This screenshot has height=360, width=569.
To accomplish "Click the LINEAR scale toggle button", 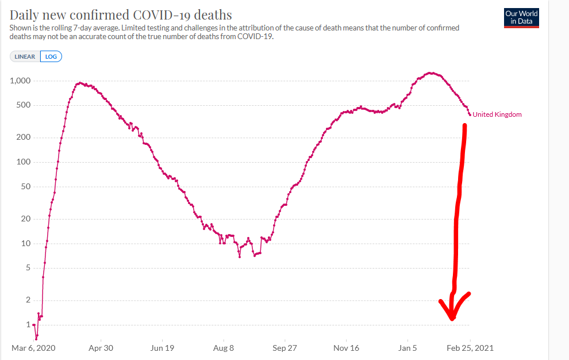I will (x=25, y=56).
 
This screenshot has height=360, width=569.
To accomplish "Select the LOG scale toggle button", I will (x=51, y=56).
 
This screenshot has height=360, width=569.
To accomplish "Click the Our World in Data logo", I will (x=521, y=17).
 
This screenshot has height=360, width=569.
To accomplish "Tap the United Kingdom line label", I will (x=497, y=114).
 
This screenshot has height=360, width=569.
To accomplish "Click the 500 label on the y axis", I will (x=23, y=105).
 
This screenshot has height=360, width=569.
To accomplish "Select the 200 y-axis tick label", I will (x=23, y=137).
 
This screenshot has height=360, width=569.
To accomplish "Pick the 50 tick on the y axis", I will (x=25, y=187).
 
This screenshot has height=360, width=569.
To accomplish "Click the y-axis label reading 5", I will (x=27, y=268).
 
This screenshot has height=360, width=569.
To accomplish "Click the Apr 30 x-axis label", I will (x=101, y=348).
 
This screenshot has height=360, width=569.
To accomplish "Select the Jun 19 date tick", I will (x=162, y=348).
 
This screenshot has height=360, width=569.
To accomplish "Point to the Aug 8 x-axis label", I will (x=224, y=348).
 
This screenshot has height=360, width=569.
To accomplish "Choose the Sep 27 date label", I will (x=285, y=348).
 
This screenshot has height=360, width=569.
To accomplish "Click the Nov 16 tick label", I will (x=346, y=348).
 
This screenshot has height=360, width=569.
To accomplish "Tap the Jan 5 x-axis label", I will (x=407, y=348).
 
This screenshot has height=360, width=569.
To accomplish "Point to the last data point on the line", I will (x=470, y=114).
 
